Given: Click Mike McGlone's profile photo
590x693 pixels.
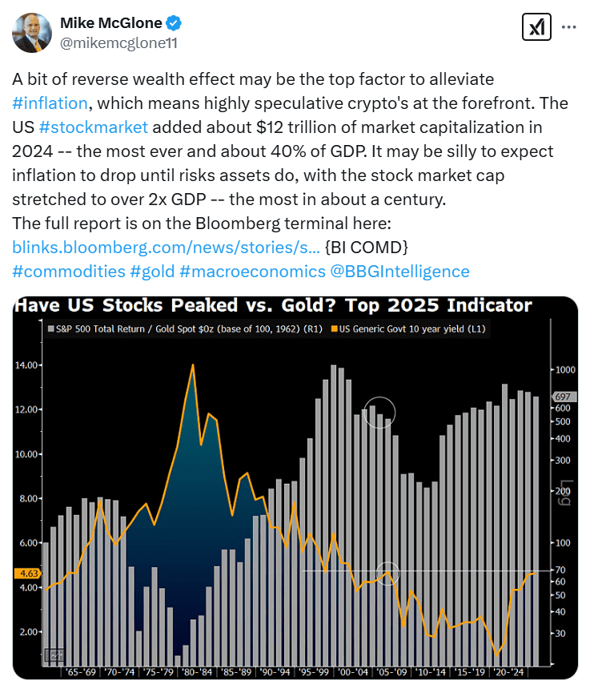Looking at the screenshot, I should [x=33, y=33].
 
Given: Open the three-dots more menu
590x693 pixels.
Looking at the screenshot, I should [x=568, y=26].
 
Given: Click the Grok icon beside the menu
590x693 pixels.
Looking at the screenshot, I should [x=533, y=26].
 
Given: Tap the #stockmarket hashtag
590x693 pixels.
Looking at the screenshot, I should [x=94, y=127].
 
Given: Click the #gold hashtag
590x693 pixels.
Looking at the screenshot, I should [x=151, y=272].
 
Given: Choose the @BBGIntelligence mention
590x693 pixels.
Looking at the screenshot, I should [x=399, y=272].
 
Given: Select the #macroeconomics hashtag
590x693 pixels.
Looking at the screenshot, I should [x=252, y=272].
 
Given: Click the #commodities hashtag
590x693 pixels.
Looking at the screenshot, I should [x=69, y=272].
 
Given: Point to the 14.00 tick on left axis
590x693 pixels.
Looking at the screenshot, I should [x=26, y=365].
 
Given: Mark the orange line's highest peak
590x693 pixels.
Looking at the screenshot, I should [x=193, y=365].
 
